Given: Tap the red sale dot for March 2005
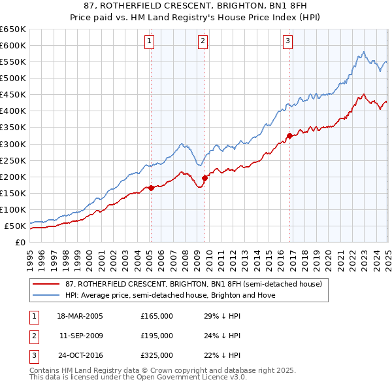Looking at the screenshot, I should [151, 188].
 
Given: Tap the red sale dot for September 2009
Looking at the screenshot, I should [204, 178].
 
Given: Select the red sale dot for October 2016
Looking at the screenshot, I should [289, 135].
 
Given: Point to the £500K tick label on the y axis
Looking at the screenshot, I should [13, 79].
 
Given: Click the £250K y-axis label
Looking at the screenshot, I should [13, 160].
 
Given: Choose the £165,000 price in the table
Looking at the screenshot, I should [157, 316].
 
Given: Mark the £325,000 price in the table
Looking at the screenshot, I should [157, 356].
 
